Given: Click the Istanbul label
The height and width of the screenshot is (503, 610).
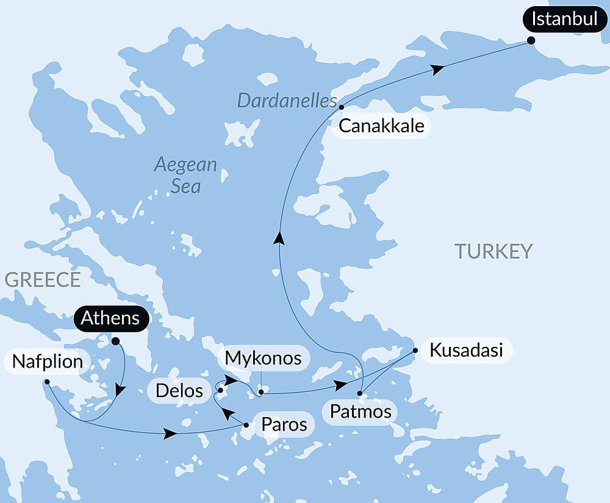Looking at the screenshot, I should (x=564, y=19).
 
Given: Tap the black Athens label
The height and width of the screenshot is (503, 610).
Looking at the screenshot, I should (x=110, y=318).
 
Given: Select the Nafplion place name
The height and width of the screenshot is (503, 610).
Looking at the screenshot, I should (x=46, y=362).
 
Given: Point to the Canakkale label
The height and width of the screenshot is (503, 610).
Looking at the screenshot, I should (x=380, y=126).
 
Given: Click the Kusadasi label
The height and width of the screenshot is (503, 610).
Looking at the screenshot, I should (x=466, y=351).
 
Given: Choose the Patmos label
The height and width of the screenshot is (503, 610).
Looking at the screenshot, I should (x=361, y=411).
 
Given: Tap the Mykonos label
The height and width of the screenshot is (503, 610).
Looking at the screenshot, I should (x=263, y=359).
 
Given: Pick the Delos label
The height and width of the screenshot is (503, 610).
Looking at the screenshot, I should (x=179, y=390).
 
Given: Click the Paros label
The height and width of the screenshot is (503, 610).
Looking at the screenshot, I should (x=284, y=424).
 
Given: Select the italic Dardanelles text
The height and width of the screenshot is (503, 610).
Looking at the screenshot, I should (x=287, y=101).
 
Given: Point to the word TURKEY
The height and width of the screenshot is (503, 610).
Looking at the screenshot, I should (x=493, y=251).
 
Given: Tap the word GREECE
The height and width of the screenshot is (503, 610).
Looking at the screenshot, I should (x=42, y=279).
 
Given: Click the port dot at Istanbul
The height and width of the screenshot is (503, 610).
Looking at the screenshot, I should (x=531, y=40).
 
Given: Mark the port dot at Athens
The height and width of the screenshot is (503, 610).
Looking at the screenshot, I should (x=115, y=341).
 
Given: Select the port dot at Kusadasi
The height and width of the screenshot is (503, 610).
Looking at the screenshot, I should (x=415, y=351).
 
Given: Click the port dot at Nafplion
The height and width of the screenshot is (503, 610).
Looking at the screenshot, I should (x=47, y=382).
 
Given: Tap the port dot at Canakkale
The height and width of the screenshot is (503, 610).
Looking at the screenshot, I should (x=342, y=107).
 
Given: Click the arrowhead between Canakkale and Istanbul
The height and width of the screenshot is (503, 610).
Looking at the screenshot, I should (x=436, y=70).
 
